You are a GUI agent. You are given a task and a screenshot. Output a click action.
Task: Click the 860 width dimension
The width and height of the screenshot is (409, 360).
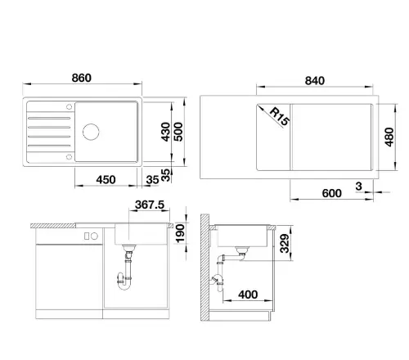(82, 78)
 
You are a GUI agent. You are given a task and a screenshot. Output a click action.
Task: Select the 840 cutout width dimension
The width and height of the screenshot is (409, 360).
(315, 81)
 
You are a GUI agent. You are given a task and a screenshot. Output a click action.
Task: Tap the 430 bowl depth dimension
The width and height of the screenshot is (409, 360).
(165, 132)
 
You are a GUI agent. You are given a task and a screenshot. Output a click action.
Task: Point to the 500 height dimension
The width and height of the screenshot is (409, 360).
(178, 132)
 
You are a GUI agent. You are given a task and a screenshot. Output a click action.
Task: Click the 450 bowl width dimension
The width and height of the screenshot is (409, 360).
(106, 180)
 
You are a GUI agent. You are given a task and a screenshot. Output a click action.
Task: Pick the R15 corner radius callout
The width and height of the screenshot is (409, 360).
(280, 116)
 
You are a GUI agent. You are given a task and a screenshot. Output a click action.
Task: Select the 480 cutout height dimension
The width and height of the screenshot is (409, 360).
(389, 137)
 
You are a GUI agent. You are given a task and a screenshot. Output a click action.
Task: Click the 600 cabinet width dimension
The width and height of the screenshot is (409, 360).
(331, 193)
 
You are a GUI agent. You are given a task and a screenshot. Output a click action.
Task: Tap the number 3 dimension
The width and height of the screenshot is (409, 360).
(359, 187)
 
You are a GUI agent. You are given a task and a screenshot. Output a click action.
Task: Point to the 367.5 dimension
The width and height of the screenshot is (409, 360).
(150, 205)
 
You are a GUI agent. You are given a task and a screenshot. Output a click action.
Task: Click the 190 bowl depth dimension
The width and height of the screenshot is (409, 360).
(180, 233)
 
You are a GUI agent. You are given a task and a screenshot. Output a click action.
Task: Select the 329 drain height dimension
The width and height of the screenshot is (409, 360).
(285, 243)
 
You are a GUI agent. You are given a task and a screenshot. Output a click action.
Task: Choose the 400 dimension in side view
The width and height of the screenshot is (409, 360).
(248, 295)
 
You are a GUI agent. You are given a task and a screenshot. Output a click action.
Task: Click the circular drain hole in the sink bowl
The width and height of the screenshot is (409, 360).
(91, 132)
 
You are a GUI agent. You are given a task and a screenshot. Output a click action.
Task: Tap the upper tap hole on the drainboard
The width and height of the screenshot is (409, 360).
(70, 106)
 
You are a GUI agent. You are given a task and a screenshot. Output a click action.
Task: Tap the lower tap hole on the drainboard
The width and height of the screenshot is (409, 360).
(70, 156)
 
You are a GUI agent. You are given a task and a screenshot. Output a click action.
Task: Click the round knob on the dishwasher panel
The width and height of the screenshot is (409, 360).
(94, 236)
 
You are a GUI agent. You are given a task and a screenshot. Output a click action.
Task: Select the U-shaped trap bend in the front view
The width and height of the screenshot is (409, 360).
(124, 284)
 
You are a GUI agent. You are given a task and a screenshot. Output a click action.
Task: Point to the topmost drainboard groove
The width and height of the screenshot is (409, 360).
(49, 119)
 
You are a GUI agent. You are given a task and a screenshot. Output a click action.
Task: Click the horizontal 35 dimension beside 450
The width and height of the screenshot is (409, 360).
(152, 180)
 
